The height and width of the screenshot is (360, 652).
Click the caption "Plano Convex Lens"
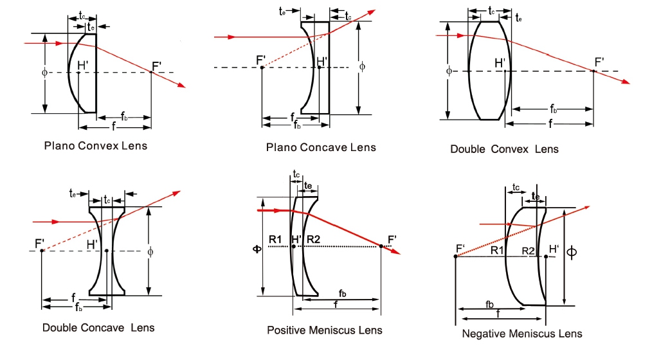(x=95, y=145)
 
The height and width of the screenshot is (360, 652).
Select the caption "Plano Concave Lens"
(x=321, y=147)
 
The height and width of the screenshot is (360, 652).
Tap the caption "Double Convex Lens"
(x=504, y=149)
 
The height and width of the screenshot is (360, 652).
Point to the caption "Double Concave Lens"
(x=98, y=327)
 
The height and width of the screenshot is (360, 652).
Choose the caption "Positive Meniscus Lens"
(x=324, y=330)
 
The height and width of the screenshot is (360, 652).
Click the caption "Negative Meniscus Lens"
(x=522, y=333)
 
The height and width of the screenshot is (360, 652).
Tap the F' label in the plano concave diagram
(x=261, y=60)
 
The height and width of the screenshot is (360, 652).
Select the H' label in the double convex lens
(x=500, y=62)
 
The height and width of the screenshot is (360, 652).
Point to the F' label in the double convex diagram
(x=599, y=62)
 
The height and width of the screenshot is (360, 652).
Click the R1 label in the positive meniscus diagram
(x=276, y=239)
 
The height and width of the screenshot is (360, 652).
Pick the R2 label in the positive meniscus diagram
(x=314, y=239)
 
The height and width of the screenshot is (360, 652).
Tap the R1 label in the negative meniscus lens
(x=497, y=249)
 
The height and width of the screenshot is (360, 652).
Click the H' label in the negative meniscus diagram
(x=554, y=248)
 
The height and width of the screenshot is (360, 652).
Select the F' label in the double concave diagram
(x=41, y=242)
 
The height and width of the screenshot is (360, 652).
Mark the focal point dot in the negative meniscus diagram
(x=455, y=256)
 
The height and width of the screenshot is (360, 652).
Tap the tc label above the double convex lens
(x=492, y=11)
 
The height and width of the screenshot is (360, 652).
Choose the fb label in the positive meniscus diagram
(x=343, y=294)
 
